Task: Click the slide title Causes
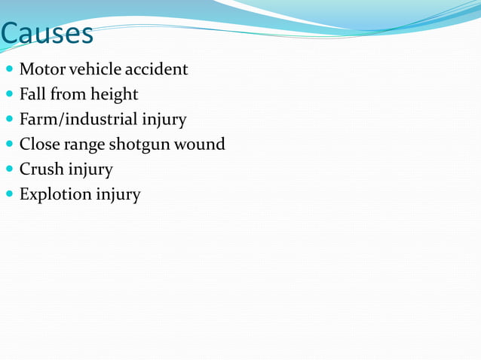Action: coord(47,33)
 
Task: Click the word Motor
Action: coord(41,69)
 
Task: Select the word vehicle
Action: coord(94,69)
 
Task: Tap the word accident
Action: coord(156,69)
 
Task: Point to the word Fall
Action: coord(32,94)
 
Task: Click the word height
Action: coord(114,95)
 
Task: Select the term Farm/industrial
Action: coord(78,119)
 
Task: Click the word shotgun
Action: coord(141,145)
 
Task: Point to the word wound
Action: coord(201,144)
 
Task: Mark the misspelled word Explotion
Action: coord(54,194)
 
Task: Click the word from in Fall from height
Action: coord(67,94)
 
